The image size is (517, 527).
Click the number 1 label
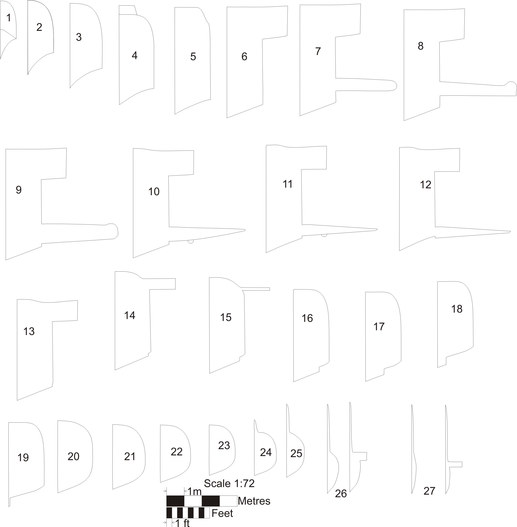click(x=8, y=18)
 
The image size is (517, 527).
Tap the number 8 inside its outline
click(x=420, y=46)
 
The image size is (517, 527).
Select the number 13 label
click(x=29, y=331)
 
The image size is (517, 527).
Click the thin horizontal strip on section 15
click(x=255, y=289)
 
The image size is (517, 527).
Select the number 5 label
click(x=193, y=57)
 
